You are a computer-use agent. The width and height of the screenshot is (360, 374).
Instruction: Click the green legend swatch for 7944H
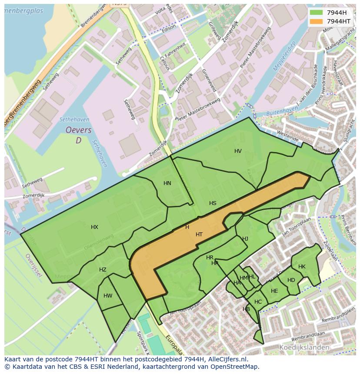point(316,13)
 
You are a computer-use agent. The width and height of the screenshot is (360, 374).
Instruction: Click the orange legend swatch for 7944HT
point(316,21)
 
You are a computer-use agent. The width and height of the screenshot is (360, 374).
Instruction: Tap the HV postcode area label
point(238,151)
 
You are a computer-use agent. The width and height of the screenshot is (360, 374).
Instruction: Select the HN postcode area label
point(167,183)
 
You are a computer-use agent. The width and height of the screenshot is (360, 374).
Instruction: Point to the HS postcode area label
point(213,203)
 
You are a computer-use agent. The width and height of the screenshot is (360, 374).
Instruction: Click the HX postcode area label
point(94,227)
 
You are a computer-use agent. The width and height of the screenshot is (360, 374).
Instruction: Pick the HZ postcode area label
point(103,270)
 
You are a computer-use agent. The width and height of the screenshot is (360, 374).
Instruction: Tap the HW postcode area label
point(108,296)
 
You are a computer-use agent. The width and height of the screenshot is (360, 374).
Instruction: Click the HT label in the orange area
point(199,235)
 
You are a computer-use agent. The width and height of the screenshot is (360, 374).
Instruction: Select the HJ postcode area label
point(245,239)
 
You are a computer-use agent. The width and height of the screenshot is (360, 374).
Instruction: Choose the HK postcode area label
point(302,267)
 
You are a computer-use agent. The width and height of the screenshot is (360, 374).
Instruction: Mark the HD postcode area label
point(291,280)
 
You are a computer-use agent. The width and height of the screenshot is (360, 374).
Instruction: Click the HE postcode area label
point(274,291)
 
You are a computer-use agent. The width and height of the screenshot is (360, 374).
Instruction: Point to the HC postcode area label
point(258,302)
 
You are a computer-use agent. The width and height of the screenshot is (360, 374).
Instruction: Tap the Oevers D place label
point(79,135)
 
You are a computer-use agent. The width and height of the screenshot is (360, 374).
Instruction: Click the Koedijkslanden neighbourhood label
point(304,348)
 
